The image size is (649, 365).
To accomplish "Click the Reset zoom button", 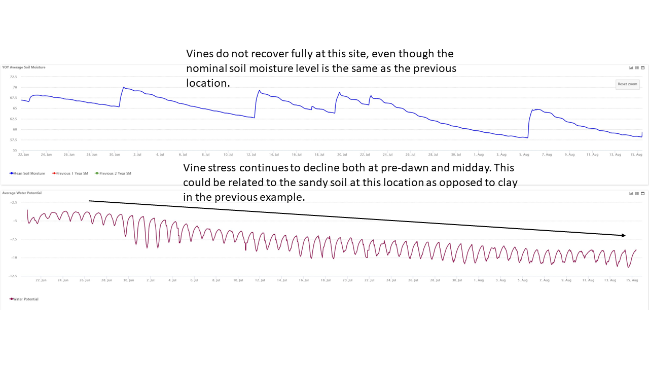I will click(x=627, y=84).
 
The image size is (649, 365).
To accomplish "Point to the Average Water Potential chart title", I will click(x=22, y=193).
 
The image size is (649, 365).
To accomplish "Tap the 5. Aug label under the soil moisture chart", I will click(x=524, y=154).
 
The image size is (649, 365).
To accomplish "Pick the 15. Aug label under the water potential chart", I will click(x=632, y=280).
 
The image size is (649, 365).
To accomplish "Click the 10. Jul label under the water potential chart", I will click(x=238, y=280).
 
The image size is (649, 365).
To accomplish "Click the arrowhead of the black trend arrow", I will click(x=624, y=235).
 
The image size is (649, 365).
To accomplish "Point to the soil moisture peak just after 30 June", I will click(x=123, y=87).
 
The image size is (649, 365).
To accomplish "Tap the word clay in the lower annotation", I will click(x=507, y=182).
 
